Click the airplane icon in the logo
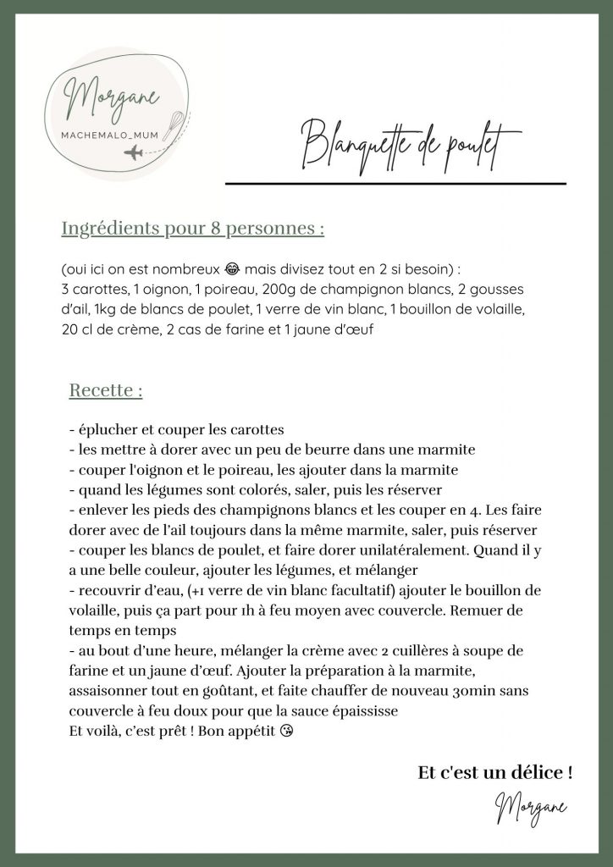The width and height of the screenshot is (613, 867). coord(134,153)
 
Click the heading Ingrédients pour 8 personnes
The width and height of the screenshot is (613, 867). coord(193,229)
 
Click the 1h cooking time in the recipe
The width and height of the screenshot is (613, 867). coord(228,610)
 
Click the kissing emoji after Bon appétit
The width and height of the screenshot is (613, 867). coord(291,731)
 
